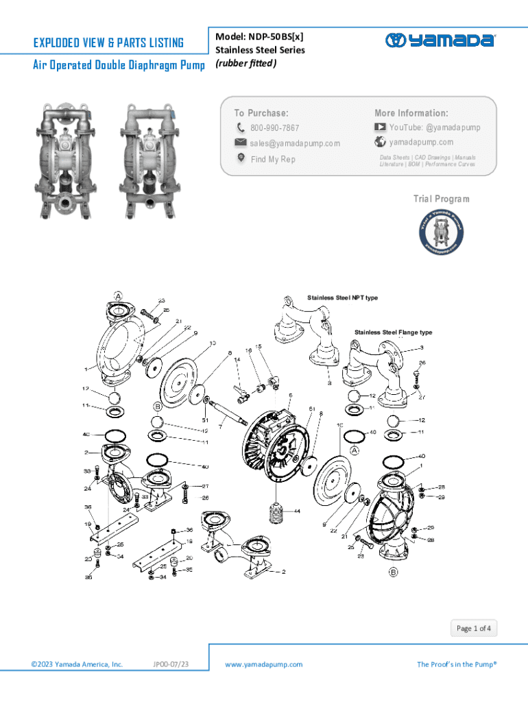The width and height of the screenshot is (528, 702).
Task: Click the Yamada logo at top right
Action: pos(440,40)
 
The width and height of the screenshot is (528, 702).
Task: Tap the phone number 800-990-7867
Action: pos(274,128)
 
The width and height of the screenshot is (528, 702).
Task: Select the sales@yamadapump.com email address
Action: pos(294,143)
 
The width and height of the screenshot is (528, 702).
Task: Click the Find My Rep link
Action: pos(273,159)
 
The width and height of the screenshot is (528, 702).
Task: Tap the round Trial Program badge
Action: pos(441,231)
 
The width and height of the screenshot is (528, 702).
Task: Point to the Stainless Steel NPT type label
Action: pos(342,298)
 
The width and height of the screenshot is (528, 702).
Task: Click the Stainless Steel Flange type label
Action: pos(393,332)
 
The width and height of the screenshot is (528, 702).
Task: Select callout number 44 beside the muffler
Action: pos(297,511)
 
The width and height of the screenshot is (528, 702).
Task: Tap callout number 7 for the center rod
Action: pos(219,426)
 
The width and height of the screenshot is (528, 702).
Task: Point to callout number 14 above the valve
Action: pos(237,359)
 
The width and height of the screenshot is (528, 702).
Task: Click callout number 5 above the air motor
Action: pos(291,396)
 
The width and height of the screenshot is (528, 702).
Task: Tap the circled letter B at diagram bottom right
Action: pos(394,572)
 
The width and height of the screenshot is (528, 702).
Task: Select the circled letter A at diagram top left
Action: pos(118,295)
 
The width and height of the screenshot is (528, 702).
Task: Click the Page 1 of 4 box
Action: pos(474,628)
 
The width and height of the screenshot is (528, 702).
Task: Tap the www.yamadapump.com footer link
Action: pos(263,664)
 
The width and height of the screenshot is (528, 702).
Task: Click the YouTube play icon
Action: pos(380,128)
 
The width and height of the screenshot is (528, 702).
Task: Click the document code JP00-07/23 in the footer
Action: pos(171,664)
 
